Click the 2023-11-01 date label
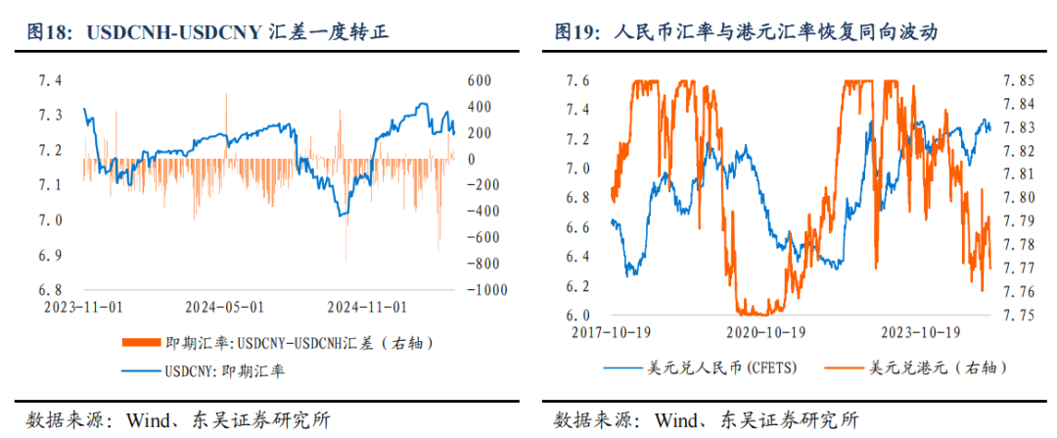[x=83, y=307]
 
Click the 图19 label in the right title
[x=575, y=33]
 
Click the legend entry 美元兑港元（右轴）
[x=939, y=368]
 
